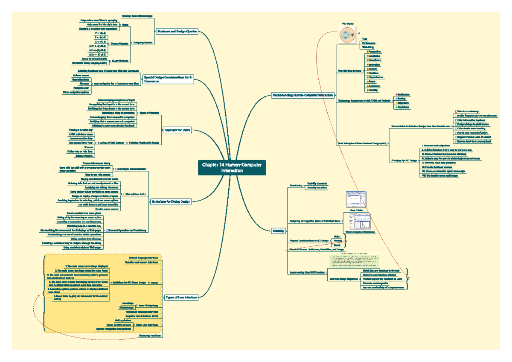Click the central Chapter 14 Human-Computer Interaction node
(232, 168)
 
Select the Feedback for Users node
(177, 130)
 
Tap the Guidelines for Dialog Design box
(171, 201)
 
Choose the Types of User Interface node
(181, 297)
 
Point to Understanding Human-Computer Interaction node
(303, 95)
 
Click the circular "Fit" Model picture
(348, 34)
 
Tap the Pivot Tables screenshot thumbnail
(355, 199)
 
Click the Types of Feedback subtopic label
(149, 113)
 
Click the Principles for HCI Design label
(404, 161)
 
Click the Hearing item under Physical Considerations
(337, 241)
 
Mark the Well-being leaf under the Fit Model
(368, 47)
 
